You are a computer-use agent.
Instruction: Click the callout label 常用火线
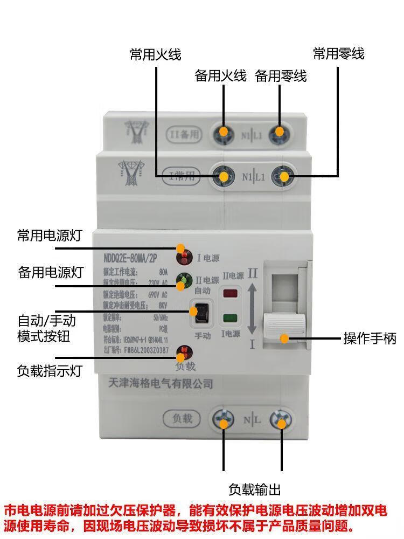[155, 54]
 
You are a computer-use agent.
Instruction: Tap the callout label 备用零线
[281, 77]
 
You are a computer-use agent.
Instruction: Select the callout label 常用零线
[339, 54]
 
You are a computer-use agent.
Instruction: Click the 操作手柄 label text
[370, 338]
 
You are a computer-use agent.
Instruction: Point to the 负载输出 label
[254, 489]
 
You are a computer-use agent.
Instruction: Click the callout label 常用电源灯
[49, 236]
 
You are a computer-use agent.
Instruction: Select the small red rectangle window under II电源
[231, 294]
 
